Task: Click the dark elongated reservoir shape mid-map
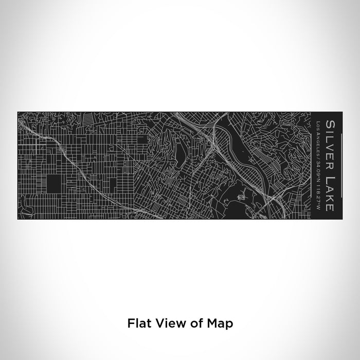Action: pos(180,152)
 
